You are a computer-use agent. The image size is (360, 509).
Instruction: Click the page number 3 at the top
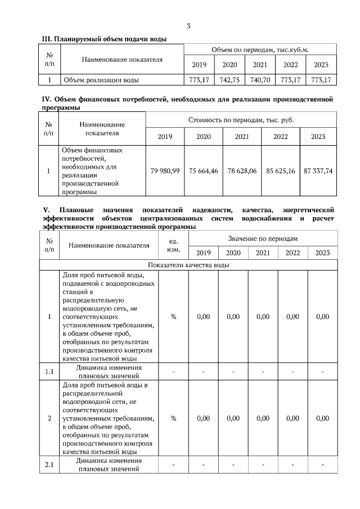tap(188, 26)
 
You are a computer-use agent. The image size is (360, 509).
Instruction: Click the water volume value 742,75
tap(230, 80)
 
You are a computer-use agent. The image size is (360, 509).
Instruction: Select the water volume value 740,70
tap(260, 80)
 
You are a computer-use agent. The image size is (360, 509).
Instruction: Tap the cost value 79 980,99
tap(165, 171)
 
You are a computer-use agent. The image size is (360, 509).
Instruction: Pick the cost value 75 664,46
tap(204, 171)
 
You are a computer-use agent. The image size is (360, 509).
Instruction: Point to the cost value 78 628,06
tap(242, 171)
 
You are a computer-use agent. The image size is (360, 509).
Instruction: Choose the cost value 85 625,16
tap(281, 171)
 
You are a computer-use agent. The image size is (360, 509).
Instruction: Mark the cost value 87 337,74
tap(318, 171)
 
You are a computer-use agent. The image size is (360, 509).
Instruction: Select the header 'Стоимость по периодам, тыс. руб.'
tap(241, 120)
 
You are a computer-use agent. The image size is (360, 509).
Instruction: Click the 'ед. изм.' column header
tap(173, 246)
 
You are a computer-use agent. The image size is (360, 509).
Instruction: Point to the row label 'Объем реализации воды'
tap(101, 80)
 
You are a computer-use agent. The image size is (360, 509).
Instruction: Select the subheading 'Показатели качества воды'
tap(188, 265)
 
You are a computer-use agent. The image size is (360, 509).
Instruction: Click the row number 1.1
tap(49, 372)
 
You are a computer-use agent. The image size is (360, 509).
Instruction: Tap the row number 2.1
tap(49, 465)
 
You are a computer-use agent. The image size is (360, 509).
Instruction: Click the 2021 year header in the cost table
tap(242, 137)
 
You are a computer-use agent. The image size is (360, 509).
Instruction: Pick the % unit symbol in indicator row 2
tap(173, 418)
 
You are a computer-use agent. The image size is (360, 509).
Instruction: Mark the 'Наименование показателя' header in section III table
tap(122, 58)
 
